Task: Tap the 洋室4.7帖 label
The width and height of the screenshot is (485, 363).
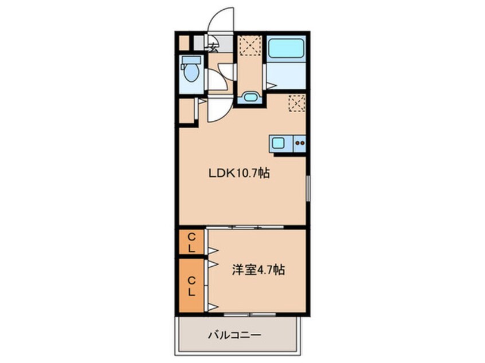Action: click(x=258, y=270)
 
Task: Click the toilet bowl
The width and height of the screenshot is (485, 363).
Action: click(x=190, y=72)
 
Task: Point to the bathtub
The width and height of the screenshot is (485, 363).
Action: click(x=286, y=47)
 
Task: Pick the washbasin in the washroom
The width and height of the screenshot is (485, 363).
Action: click(x=251, y=97)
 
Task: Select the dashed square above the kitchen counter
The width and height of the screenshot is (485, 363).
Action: click(x=297, y=103)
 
